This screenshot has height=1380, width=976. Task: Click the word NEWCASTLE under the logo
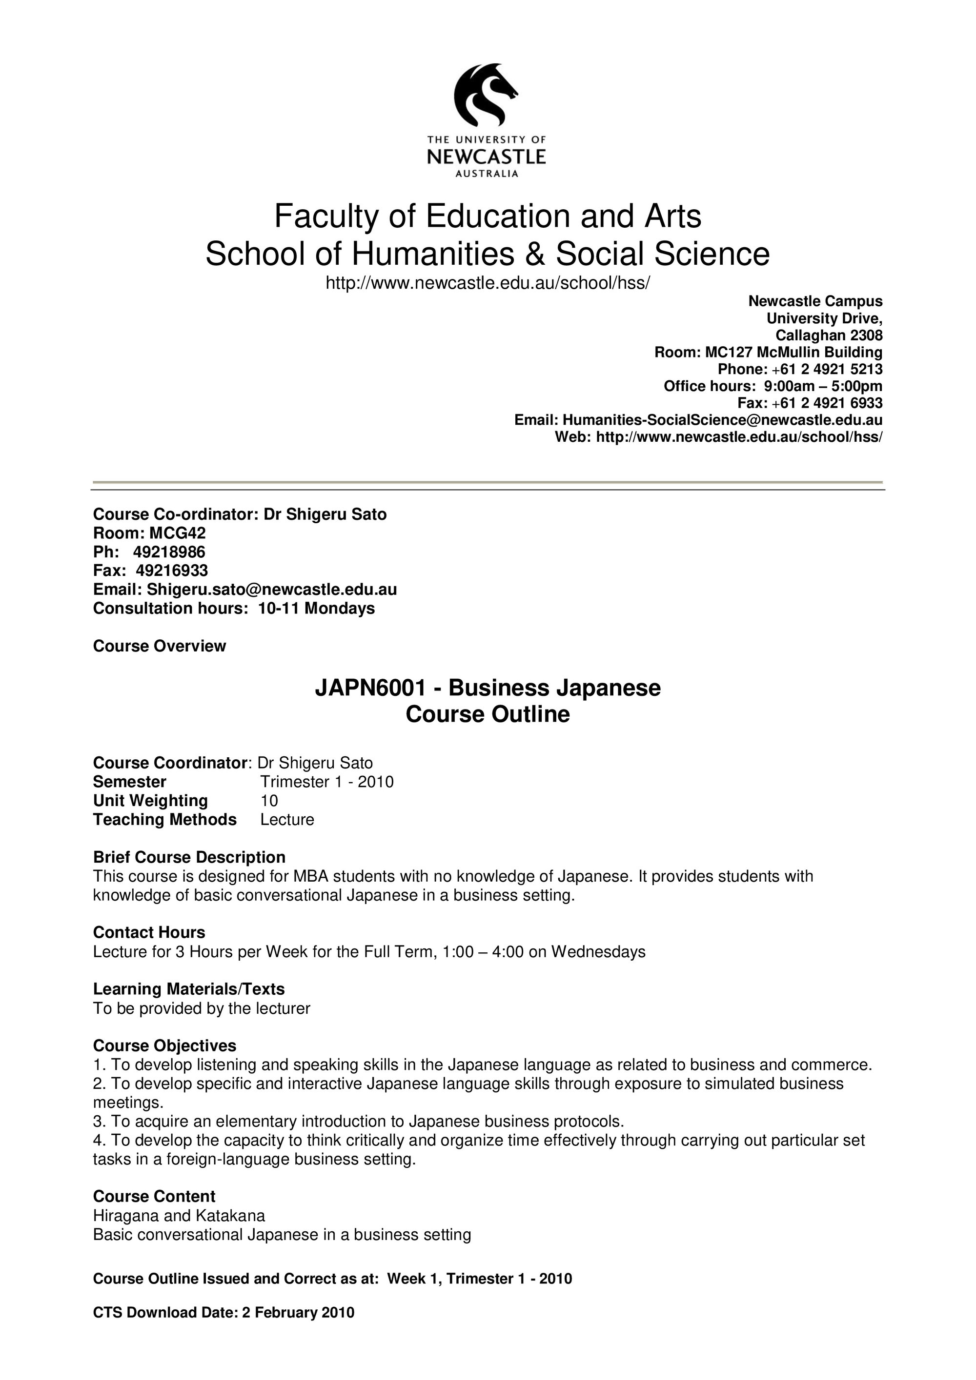[x=486, y=158]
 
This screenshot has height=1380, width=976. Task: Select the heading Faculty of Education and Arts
[x=487, y=217]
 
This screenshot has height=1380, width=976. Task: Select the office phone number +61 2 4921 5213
[x=827, y=369]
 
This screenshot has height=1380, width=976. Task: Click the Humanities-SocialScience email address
[x=722, y=419]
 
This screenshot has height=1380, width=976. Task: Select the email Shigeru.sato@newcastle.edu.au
[x=271, y=590]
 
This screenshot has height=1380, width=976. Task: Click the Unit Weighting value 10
[x=269, y=801]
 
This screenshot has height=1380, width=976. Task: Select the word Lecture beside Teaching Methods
[x=287, y=820]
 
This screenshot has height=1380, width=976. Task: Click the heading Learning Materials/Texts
[x=189, y=989]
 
